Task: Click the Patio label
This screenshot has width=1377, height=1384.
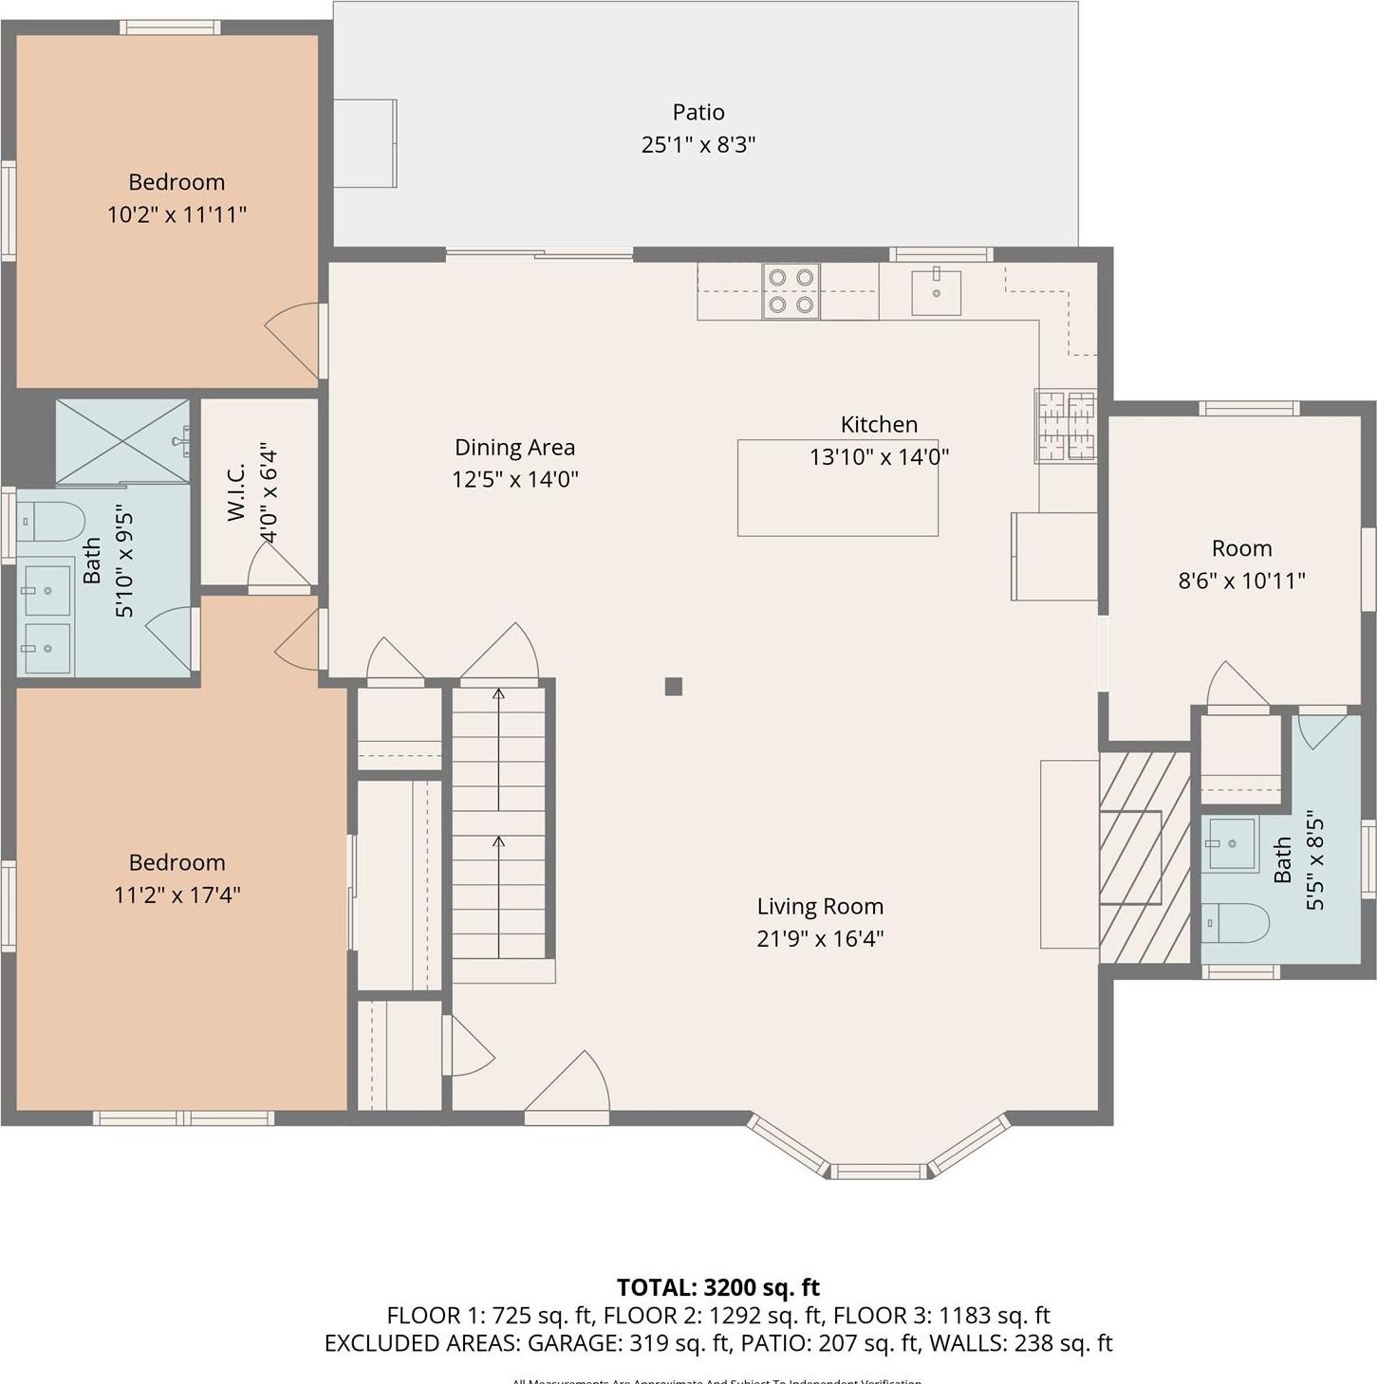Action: [698, 113]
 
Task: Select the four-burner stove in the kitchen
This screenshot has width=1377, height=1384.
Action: [791, 290]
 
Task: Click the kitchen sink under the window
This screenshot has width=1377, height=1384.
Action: [936, 292]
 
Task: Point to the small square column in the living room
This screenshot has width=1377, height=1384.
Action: [673, 686]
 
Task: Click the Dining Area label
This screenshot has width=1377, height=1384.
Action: [514, 448]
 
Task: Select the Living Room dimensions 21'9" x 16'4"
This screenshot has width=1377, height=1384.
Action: [820, 938]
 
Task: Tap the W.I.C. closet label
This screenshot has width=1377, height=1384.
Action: [237, 491]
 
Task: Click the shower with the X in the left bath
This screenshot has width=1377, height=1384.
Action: [121, 441]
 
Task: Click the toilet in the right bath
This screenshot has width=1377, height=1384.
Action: [1235, 922]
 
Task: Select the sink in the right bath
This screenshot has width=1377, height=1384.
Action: [1230, 843]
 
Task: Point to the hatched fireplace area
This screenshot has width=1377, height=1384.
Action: [1144, 858]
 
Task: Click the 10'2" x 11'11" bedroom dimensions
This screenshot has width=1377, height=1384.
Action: [177, 214]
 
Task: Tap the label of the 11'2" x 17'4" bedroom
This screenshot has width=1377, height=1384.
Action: [177, 862]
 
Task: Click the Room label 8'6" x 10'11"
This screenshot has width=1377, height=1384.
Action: [1241, 548]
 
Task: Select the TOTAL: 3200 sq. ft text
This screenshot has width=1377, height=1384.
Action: [717, 1287]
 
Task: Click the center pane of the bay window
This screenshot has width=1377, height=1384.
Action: [880, 1172]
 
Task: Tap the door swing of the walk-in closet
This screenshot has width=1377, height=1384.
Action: [280, 567]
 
